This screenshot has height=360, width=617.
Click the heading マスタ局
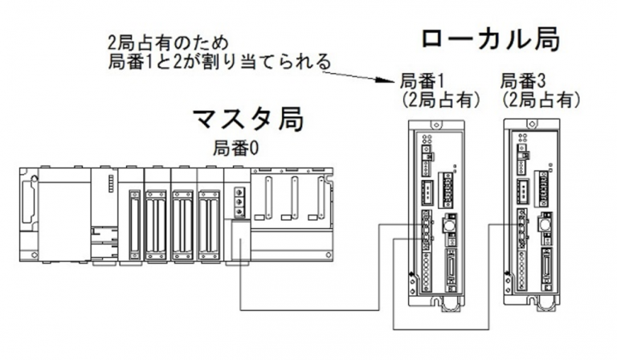[248, 119]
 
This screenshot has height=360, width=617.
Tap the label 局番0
[237, 148]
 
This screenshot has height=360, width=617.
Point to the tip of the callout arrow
[394, 80]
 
